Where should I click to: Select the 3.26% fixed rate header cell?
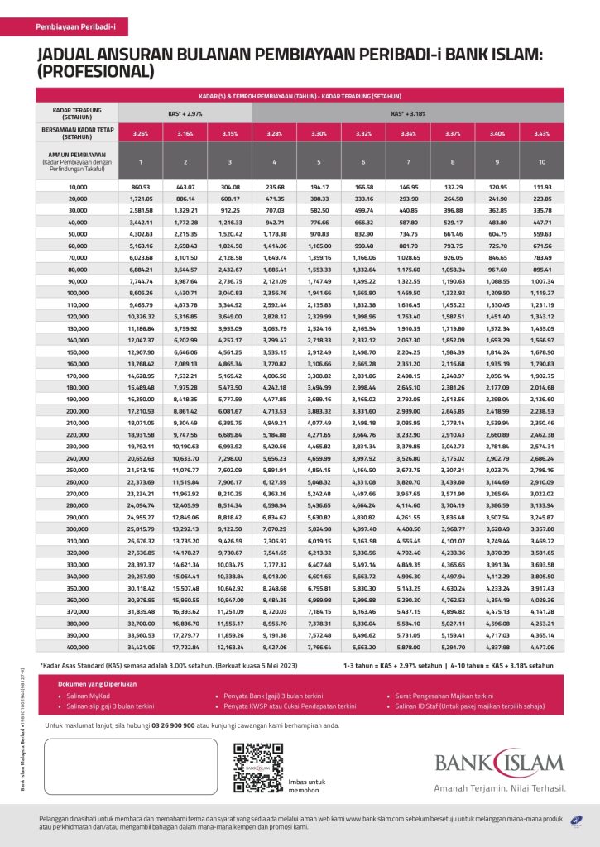141,132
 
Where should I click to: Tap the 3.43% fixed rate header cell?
542,132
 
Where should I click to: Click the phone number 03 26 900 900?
197,725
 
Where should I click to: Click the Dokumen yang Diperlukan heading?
97,685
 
